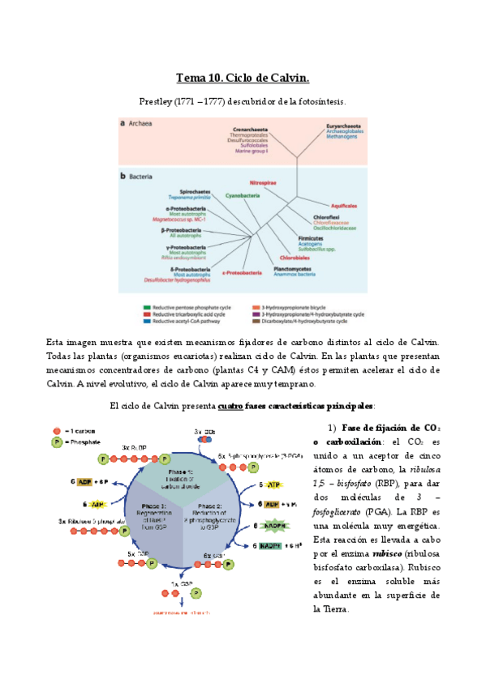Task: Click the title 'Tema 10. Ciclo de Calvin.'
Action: click(243, 79)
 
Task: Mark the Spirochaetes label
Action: click(196, 191)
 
